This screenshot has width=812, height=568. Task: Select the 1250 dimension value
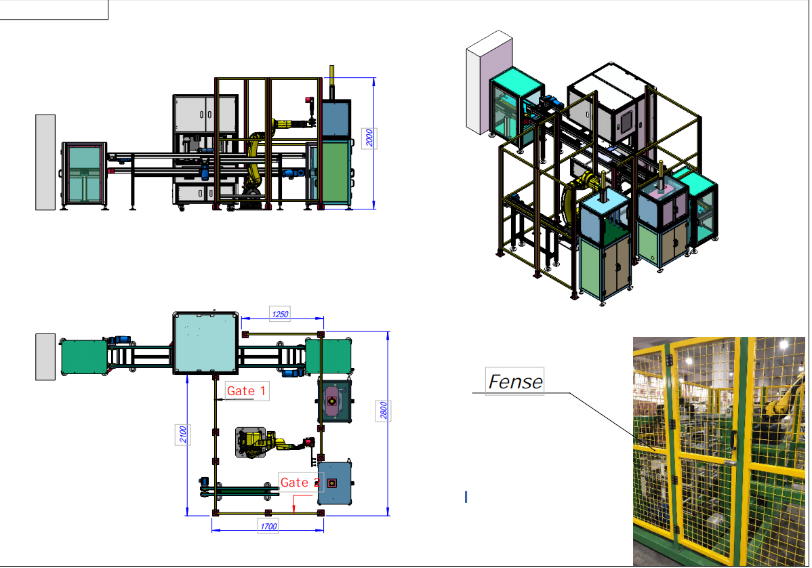coord(280,314)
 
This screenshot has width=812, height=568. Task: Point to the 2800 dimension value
coord(384,411)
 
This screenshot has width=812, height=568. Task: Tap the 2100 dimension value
coord(183,434)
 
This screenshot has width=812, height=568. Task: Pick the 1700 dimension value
coord(268,526)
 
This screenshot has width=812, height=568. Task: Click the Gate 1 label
coord(247,391)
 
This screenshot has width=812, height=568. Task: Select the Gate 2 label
coord(300,483)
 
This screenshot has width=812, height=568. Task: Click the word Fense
coord(515,382)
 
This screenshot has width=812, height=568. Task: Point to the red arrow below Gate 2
coord(294,504)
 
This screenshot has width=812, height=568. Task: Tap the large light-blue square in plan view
coord(205,342)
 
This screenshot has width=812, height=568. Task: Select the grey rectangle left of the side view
coord(45,162)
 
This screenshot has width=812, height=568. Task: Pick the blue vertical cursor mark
coord(466,497)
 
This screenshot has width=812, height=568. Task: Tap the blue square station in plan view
coord(335,483)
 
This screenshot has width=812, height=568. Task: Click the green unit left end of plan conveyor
coord(83,357)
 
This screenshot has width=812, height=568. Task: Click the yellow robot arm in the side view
coord(258,163)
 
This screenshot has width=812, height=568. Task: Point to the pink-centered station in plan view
coord(333,401)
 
